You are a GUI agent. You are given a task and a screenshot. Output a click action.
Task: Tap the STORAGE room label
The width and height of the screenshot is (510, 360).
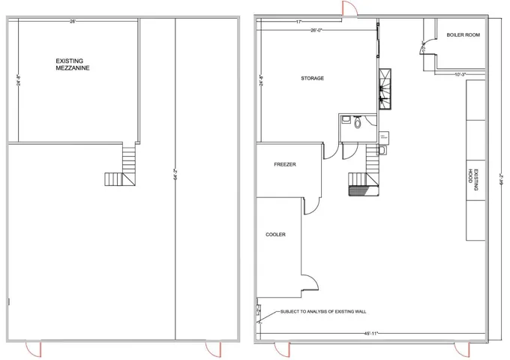(313, 78)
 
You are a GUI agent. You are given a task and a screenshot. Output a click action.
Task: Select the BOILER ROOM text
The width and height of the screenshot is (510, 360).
(463, 35)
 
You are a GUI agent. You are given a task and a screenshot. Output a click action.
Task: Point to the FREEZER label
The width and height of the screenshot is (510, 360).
(284, 164)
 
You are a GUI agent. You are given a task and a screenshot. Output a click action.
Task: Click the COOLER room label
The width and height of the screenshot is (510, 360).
(275, 235)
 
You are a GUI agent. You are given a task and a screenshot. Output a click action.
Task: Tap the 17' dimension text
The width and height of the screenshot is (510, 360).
(298, 22)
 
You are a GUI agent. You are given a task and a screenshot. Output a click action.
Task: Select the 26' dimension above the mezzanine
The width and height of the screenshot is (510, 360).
(72, 22)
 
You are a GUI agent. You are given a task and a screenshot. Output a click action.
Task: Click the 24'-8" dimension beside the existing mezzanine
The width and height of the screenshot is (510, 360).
(19, 79)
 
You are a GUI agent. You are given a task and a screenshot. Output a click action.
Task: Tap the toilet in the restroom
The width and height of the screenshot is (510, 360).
(358, 123)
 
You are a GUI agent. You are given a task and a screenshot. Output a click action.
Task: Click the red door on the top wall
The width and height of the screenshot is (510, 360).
(347, 8)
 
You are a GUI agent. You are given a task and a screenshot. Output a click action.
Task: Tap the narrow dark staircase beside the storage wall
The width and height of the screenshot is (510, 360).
(386, 88)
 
